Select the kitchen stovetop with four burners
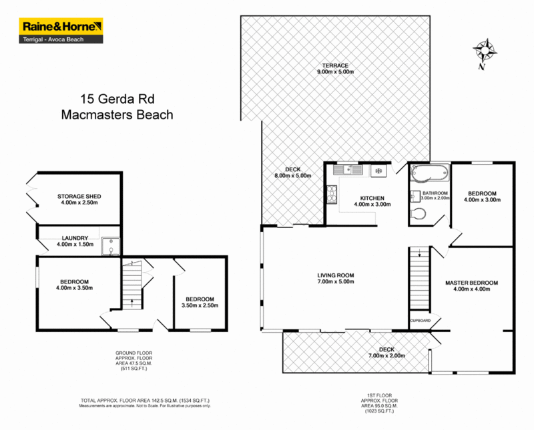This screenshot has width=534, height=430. [332, 193]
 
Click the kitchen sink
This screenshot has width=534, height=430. [351, 170]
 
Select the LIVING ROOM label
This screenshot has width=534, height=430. [336, 275]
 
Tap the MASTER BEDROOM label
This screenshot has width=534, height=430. [471, 283]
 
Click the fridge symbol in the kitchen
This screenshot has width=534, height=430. [378, 171]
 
